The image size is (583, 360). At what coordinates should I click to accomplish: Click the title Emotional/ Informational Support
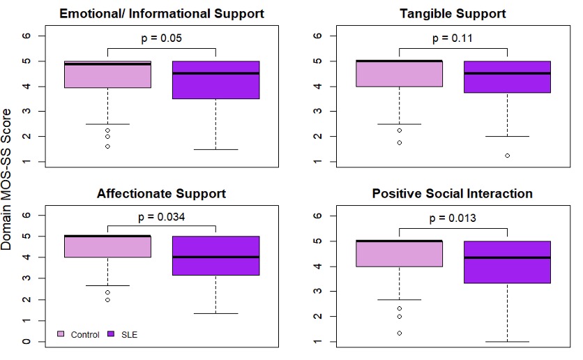[161, 14]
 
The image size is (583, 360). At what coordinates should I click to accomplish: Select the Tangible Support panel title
[453, 14]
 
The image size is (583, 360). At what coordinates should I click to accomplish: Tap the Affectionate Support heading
[161, 193]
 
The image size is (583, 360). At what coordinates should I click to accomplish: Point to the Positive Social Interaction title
[453, 193]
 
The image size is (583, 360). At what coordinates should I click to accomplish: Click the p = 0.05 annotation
[162, 38]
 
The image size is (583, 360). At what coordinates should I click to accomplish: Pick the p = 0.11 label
[453, 38]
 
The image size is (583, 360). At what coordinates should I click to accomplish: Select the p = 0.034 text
[162, 217]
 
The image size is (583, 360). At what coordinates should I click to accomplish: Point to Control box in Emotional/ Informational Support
[107, 75]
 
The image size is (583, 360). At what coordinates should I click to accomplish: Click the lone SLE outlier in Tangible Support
[507, 156]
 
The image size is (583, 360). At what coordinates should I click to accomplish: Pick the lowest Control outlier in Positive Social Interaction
[399, 333]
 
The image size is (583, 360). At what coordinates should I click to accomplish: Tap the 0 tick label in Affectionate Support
[26, 342]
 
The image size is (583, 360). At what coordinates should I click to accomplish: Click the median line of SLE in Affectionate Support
[215, 257]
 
